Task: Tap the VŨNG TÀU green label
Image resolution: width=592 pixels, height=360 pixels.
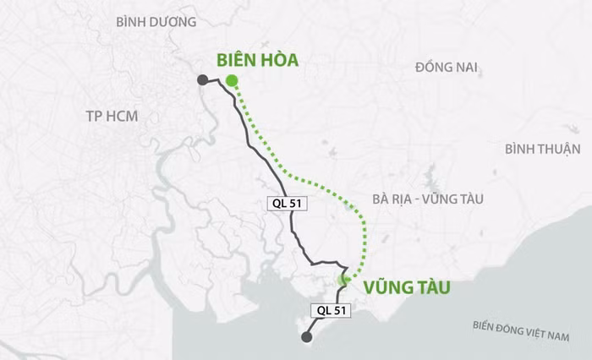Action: (406, 287)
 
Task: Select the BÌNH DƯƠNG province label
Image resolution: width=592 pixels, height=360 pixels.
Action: (156, 21)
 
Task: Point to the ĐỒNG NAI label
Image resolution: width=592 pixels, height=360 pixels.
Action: (448, 68)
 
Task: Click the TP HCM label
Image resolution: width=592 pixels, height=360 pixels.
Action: (112, 116)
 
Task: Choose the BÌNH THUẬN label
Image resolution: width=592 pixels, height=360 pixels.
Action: (542, 150)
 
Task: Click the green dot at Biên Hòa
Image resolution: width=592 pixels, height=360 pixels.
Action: (231, 81)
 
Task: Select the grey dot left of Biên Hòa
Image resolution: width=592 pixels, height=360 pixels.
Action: (203, 80)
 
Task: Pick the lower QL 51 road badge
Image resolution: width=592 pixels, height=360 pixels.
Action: (332, 310)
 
